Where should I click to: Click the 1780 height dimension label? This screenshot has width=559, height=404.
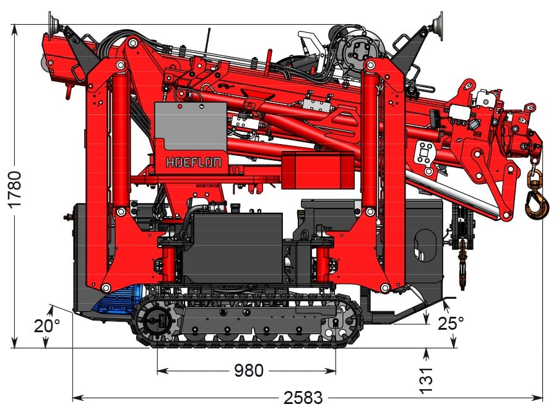[x=15, y=189]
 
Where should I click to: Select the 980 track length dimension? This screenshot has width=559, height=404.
[x=248, y=371]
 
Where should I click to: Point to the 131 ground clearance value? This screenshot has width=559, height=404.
[x=426, y=380]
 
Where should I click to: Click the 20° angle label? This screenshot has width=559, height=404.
[x=47, y=325]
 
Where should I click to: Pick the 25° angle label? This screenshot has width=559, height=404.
[x=451, y=324]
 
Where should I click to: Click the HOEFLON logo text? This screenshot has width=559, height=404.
[x=193, y=163]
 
